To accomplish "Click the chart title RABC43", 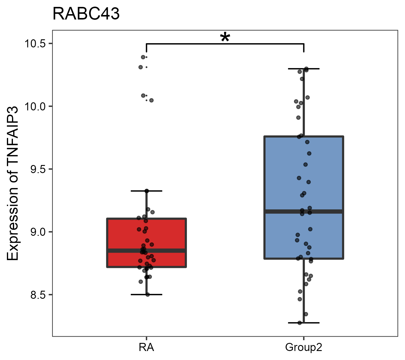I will [86, 14].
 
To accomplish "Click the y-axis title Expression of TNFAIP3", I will [13, 183].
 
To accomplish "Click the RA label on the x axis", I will [146, 347].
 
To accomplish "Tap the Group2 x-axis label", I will [304, 347].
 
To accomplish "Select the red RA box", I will [168, 234].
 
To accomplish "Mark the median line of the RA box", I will [168, 250].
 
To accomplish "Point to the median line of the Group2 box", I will [324, 211].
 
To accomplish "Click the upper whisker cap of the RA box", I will [146, 191].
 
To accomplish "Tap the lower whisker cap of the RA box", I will [146, 295].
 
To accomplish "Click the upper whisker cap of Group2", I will [304, 69].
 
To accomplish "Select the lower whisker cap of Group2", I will [304, 323].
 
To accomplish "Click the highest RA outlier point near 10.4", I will [143, 57].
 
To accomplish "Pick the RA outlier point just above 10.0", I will [151, 100].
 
